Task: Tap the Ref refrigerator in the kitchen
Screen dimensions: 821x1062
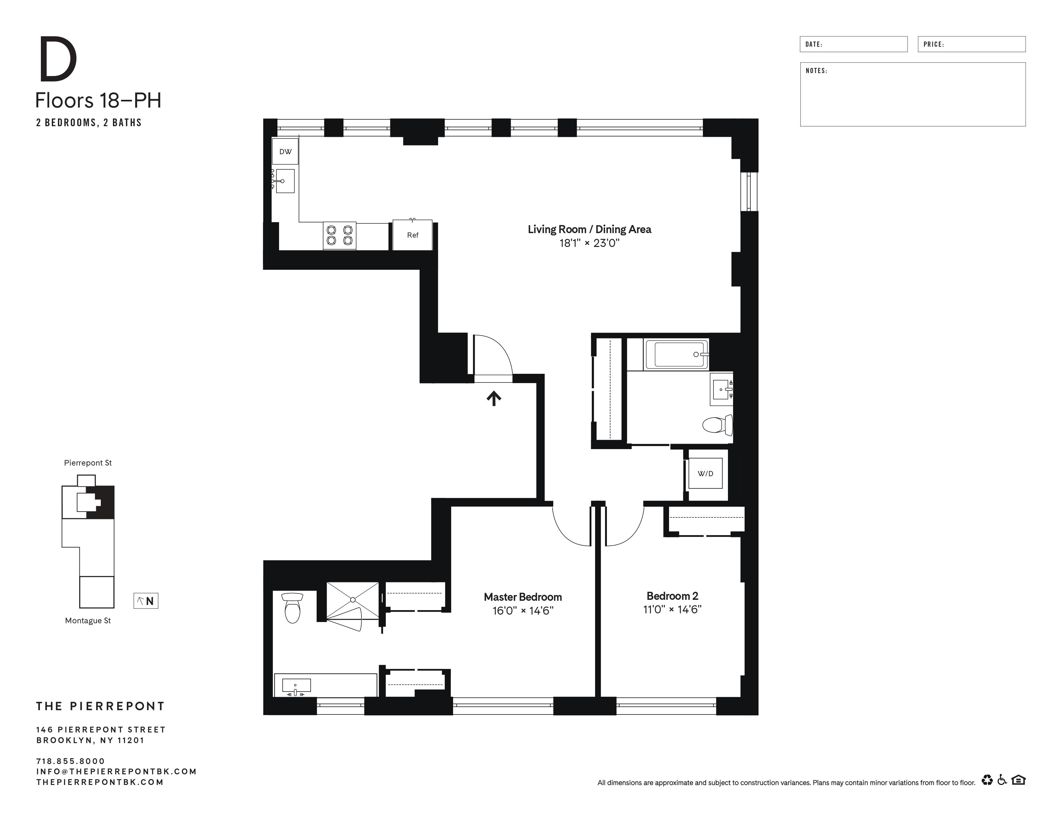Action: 412,235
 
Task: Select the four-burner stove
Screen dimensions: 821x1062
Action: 340,236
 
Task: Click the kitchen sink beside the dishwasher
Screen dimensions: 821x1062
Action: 285,181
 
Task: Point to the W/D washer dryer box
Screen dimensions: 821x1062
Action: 705,474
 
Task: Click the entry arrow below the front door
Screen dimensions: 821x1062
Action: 494,398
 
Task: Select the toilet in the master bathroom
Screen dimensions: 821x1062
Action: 292,608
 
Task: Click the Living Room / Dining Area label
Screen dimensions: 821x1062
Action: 589,230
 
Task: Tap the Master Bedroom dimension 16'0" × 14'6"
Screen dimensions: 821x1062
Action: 523,611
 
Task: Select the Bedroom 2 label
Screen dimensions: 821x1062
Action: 672,596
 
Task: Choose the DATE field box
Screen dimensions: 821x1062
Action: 853,44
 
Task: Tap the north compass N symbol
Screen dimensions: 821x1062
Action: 146,601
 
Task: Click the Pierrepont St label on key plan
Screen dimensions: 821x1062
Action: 88,463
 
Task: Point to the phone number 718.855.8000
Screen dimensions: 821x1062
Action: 70,761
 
